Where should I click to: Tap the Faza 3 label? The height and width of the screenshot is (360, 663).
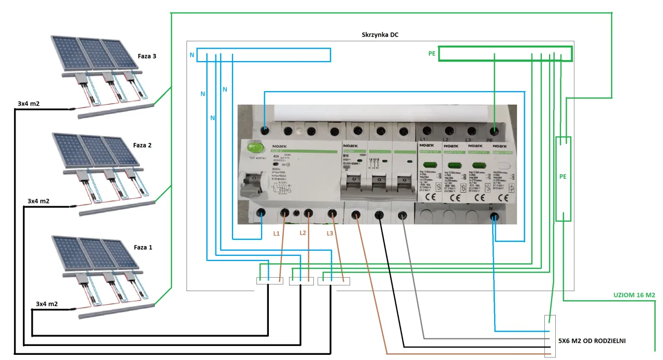pos(147,56)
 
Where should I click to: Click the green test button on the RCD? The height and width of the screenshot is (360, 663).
pos(255,148)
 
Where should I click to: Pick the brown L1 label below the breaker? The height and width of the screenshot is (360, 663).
pos(277,234)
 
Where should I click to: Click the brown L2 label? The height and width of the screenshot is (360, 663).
pos(303,233)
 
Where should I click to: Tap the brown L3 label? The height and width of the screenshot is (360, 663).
pos(330,234)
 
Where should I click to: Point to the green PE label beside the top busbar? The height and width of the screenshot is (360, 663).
pos(432,53)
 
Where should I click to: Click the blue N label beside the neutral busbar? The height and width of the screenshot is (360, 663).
pos(192,54)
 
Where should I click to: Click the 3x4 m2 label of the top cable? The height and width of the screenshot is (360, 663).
pos(28,104)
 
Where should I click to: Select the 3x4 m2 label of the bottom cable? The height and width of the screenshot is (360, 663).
pos(47,304)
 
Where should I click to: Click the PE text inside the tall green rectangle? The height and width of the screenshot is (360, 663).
pos(563,177)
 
